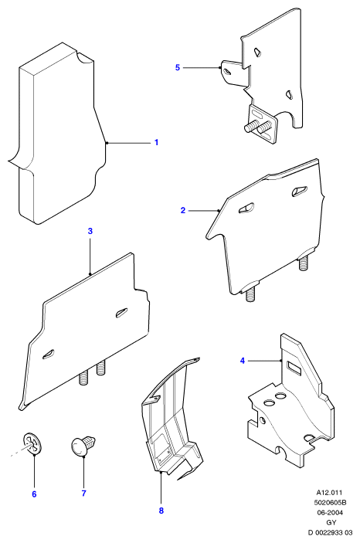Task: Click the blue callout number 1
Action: (156, 142)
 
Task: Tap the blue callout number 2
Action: (183, 210)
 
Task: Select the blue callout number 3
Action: (90, 231)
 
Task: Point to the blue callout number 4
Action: (243, 361)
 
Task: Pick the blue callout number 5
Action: (178, 67)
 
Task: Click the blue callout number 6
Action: (34, 494)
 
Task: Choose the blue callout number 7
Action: (83, 493)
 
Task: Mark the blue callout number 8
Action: (161, 511)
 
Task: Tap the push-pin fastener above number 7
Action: (83, 445)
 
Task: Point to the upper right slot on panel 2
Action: (299, 191)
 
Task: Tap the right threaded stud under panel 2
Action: (303, 263)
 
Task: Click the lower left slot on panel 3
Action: (48, 353)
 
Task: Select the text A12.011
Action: (329, 493)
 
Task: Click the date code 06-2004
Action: (330, 513)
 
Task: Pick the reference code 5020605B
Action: (330, 503)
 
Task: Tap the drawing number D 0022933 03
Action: (330, 533)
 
